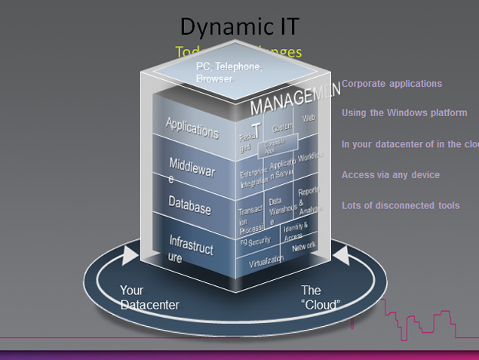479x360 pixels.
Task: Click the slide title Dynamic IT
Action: [239, 26]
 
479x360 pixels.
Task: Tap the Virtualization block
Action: [266, 260]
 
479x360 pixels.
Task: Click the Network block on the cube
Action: [304, 246]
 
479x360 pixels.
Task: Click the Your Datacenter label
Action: [149, 297]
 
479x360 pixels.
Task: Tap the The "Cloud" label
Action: [321, 297]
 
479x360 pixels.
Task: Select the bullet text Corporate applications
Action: [391, 84]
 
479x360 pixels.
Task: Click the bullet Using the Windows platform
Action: [404, 112]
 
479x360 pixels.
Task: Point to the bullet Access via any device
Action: [390, 175]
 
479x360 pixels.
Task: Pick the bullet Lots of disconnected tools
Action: [400, 205]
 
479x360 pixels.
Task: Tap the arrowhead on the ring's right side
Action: [341, 256]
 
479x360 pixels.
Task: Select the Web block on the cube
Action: [309, 118]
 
